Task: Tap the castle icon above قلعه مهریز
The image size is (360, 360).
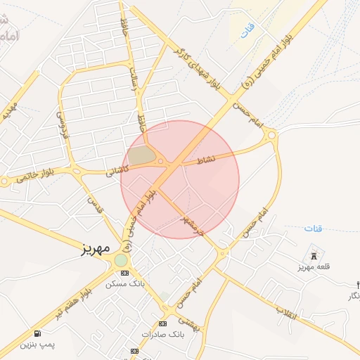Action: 314,255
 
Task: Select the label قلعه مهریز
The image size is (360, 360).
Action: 314,267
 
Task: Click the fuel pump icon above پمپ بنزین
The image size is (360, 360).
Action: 36,333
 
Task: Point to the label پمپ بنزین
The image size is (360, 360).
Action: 36,345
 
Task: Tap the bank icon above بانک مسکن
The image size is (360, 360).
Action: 124,273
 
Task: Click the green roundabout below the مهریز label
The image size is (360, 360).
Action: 122,261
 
